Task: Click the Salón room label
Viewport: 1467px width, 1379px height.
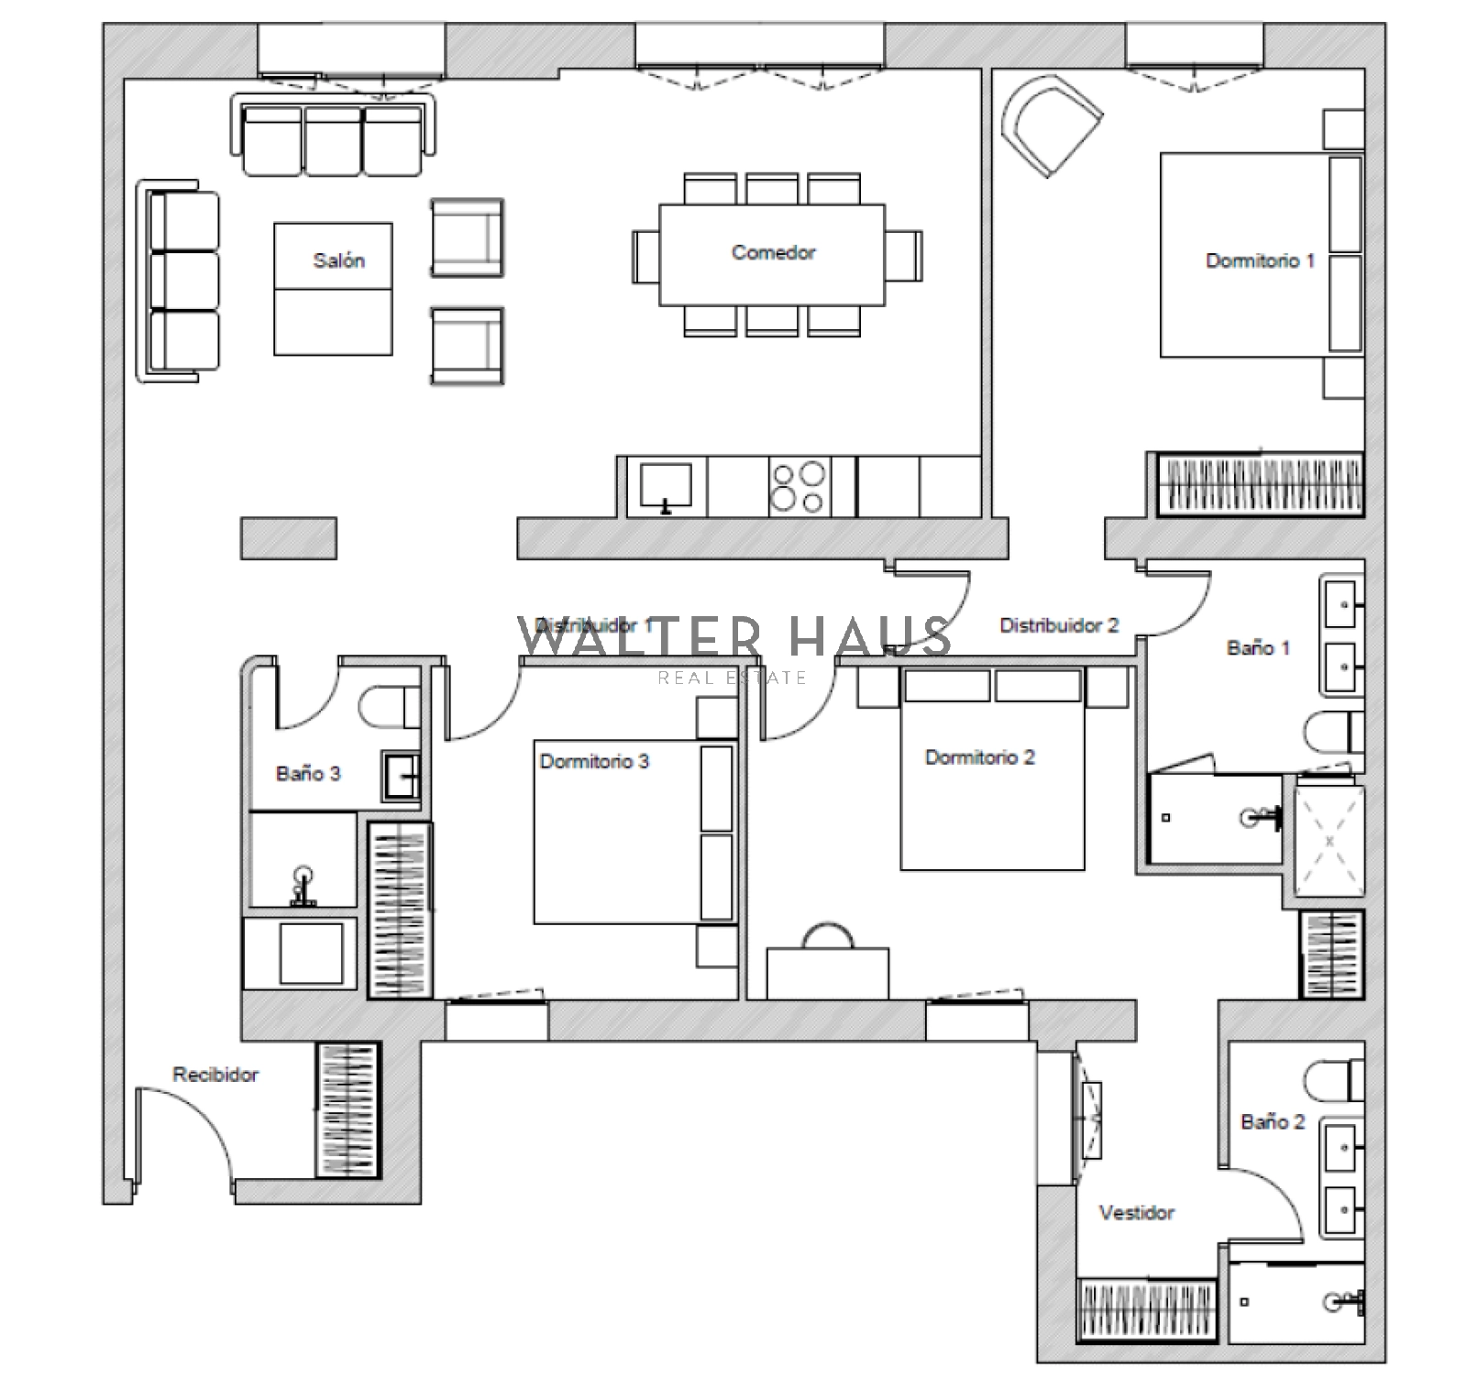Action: tap(339, 260)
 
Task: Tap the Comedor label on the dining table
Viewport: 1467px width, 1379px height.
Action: tap(773, 252)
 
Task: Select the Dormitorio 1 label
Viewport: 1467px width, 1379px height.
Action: tap(1260, 260)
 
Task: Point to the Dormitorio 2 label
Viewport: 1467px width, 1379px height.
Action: tap(980, 757)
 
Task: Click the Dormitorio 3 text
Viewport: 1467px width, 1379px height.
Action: tap(594, 761)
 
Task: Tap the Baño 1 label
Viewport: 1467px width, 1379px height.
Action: tap(1258, 648)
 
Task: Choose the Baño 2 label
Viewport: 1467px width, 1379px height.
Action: tap(1273, 1121)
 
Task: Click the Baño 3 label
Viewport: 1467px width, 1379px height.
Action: tap(308, 773)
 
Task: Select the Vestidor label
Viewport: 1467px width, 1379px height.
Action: tap(1137, 1212)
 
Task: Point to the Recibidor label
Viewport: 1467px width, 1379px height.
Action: tap(215, 1074)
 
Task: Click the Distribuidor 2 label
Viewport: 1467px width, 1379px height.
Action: tap(1059, 625)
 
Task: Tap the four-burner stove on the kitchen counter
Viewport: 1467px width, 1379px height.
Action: tap(798, 487)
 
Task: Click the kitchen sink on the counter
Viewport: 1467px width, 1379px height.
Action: tap(666, 487)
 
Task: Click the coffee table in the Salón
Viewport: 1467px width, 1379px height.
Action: tap(333, 289)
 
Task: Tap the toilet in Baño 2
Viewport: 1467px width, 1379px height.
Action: tap(1333, 1080)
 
